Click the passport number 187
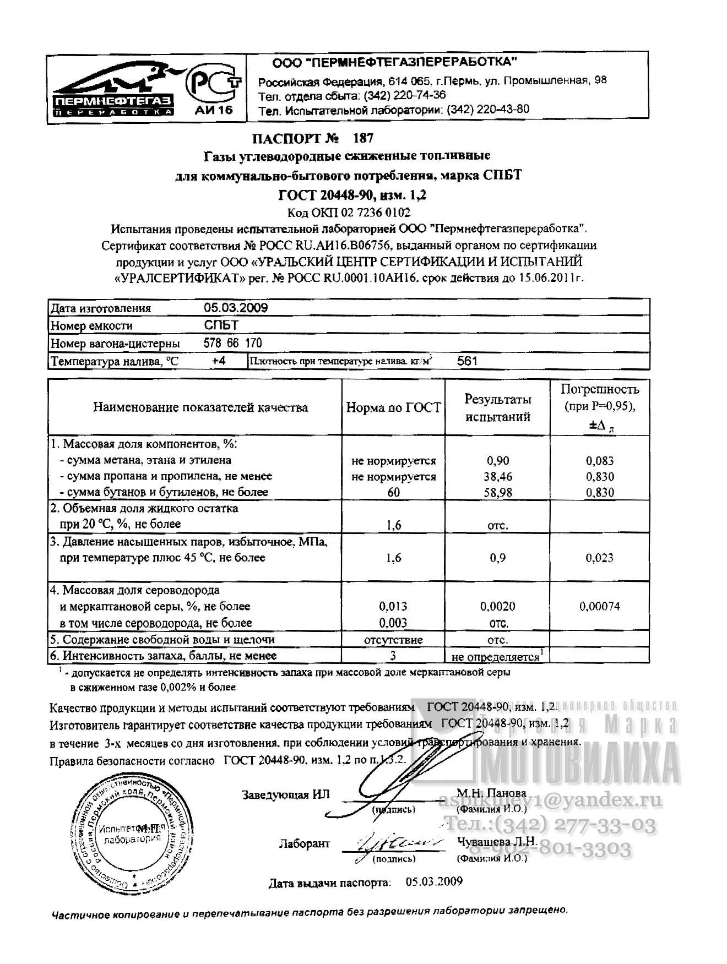[x=363, y=138]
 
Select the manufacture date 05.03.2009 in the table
[x=236, y=308]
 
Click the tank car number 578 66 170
[x=232, y=344]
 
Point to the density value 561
[x=467, y=362]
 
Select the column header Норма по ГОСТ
[x=393, y=407]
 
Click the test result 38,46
[x=497, y=477]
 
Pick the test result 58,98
[x=497, y=493]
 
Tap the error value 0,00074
[x=599, y=607]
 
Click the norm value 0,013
[x=393, y=607]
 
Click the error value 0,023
[x=599, y=558]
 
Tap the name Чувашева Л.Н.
[x=496, y=841]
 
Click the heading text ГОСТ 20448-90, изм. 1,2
[x=352, y=195]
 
